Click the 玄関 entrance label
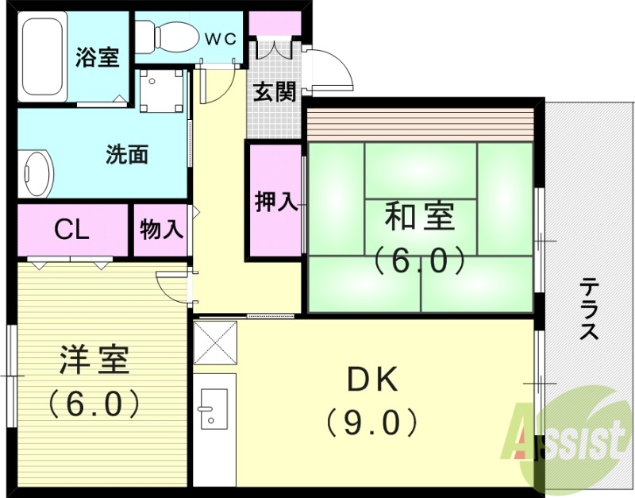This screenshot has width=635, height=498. [275, 92]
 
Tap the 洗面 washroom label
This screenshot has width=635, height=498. [127, 154]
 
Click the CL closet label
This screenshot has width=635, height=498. [71, 230]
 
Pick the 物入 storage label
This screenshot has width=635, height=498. [162, 230]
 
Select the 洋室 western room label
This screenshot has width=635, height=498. [94, 361]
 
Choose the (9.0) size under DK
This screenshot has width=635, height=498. [371, 422]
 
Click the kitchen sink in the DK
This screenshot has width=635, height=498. [214, 408]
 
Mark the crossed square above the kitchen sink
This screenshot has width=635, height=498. [214, 342]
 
